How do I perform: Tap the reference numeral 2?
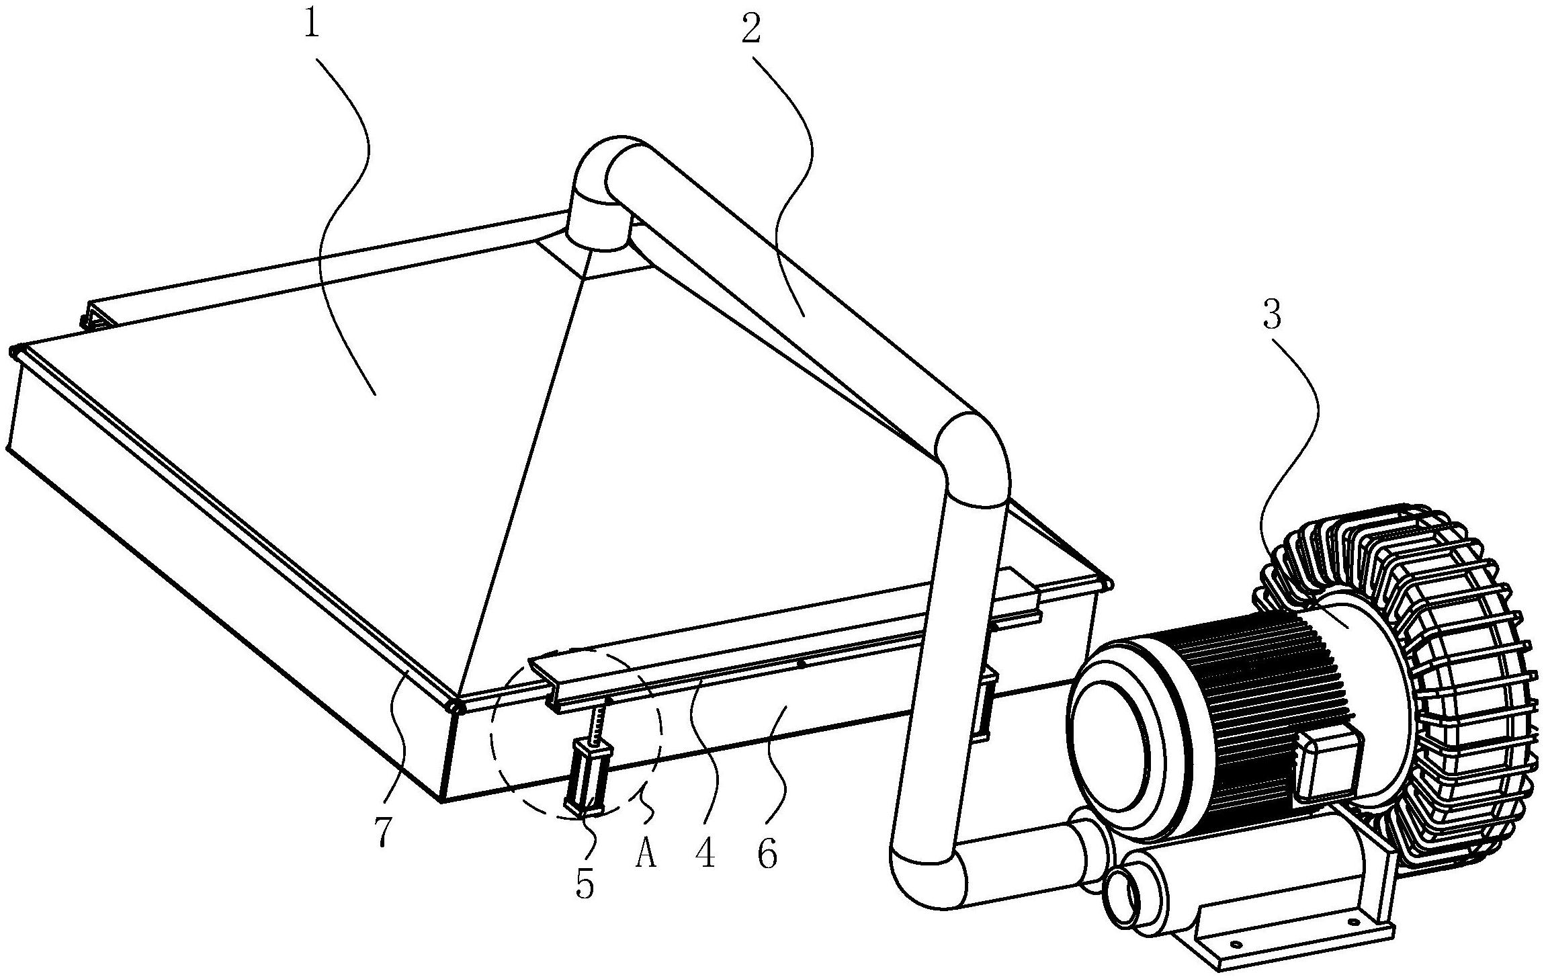(x=751, y=26)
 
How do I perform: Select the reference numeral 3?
(x=1271, y=313)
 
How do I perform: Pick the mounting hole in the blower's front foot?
(x=1234, y=943)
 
